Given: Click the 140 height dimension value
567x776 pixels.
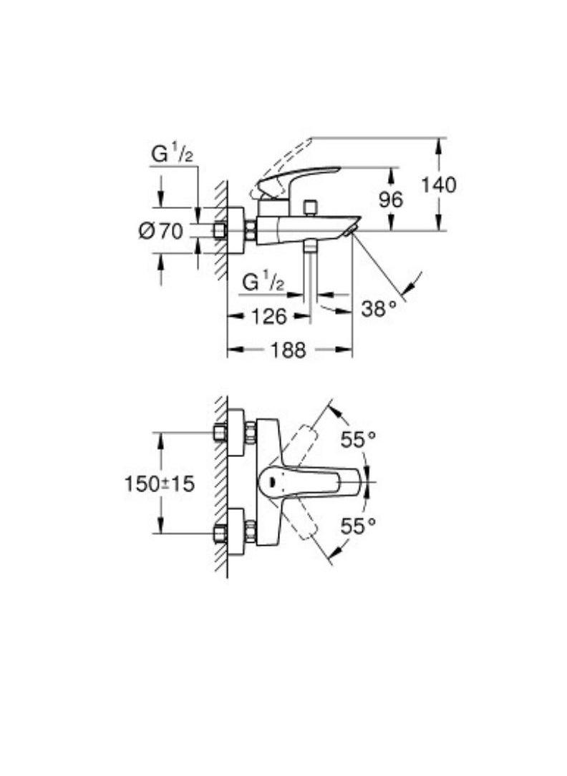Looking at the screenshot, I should tap(438, 185).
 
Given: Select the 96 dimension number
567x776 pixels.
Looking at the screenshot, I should tap(391, 200).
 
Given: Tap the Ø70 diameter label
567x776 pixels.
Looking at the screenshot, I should tap(160, 231).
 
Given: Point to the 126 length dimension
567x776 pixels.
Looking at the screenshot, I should tap(269, 315).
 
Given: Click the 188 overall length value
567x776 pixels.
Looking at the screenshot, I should tap(289, 350).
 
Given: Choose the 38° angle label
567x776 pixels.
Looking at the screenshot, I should tap(378, 309).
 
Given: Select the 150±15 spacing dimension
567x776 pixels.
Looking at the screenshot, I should tap(159, 483).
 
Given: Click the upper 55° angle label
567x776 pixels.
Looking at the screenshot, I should tap(358, 440).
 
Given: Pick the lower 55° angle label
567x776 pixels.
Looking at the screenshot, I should tap(358, 527).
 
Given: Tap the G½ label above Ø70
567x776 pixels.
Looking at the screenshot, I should tap(172, 154).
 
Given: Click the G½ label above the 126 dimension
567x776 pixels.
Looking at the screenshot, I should tap(263, 282).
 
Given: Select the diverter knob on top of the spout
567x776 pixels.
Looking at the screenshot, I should tap(310, 208).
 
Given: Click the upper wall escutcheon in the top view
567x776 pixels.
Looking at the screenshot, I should tap(236, 432).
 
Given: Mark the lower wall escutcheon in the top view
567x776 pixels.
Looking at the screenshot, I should tap(236, 532).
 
